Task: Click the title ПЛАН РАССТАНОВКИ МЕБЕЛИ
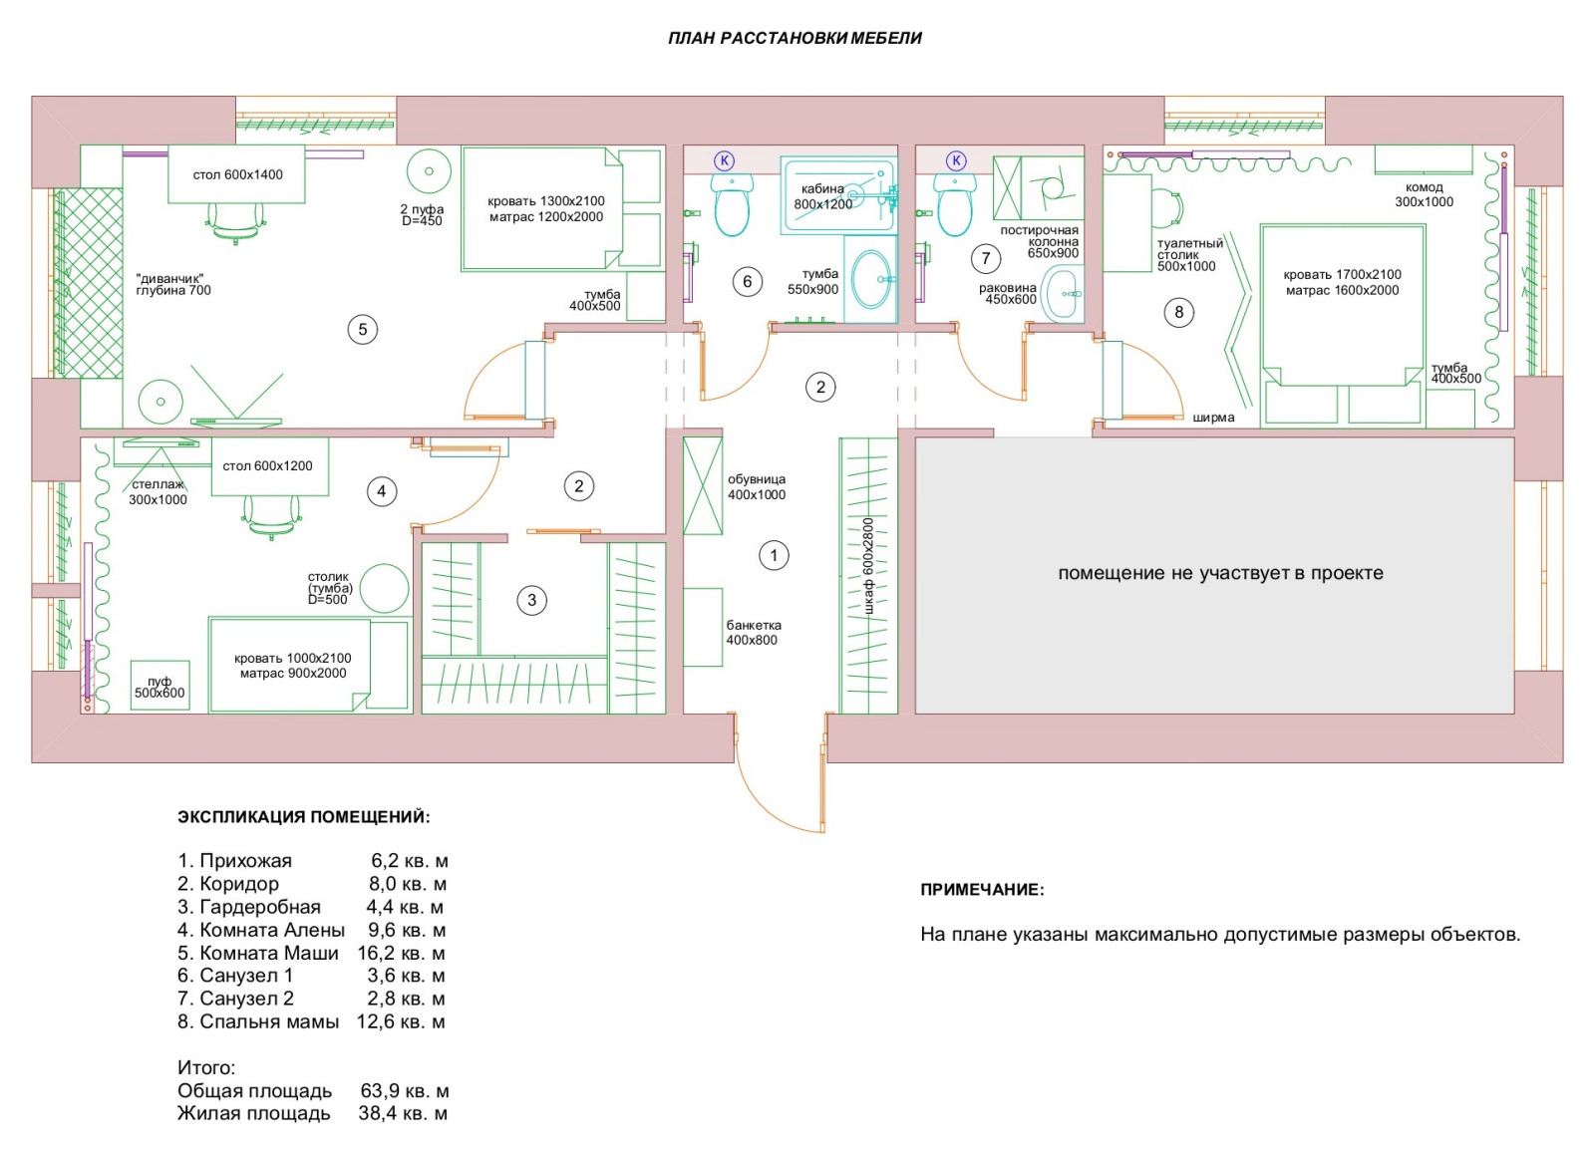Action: pyautogui.click(x=795, y=39)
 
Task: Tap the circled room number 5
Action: pyautogui.click(x=363, y=329)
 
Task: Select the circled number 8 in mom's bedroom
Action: pyautogui.click(x=1179, y=312)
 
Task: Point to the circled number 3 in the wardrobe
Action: pyautogui.click(x=531, y=600)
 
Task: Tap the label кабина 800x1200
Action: pyautogui.click(x=823, y=196)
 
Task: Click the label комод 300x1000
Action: pyautogui.click(x=1424, y=194)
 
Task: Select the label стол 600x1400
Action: pyautogui.click(x=237, y=174)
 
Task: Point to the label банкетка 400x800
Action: pyautogui.click(x=753, y=633)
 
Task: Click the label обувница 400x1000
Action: pyautogui.click(x=756, y=486)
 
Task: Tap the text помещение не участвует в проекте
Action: pyautogui.click(x=1220, y=573)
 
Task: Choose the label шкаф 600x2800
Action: pyautogui.click(x=868, y=565)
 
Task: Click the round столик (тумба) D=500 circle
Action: pyautogui.click(x=384, y=589)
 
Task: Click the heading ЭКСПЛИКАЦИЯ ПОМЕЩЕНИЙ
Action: pyautogui.click(x=304, y=817)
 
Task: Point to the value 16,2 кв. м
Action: pyautogui.click(x=401, y=953)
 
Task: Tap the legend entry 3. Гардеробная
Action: pyautogui.click(x=249, y=907)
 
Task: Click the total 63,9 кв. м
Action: pyautogui.click(x=404, y=1090)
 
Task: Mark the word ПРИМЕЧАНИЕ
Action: pyautogui.click(x=982, y=890)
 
